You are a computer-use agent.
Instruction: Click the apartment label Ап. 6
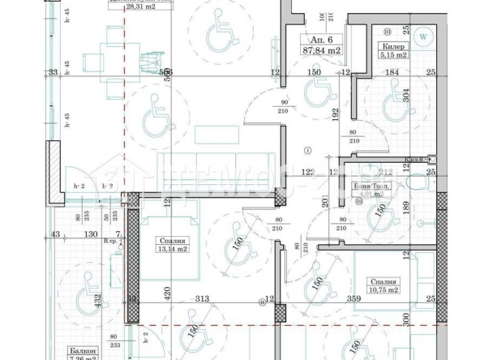312,39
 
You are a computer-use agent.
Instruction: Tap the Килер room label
394,47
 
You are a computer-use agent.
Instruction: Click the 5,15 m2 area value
395,57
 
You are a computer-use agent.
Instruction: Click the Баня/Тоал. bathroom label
372,186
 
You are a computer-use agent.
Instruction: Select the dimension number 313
202,299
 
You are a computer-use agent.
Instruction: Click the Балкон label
84,353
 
